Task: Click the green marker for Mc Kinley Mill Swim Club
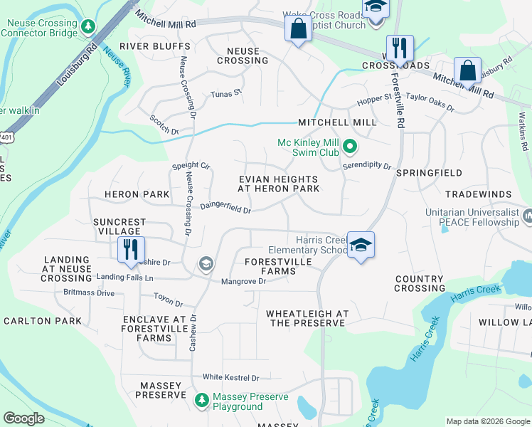(x=349, y=148)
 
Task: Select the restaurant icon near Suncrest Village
(x=132, y=250)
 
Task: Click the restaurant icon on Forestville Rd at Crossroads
(x=400, y=49)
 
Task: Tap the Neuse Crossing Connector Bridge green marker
(x=87, y=27)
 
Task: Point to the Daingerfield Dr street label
(x=225, y=208)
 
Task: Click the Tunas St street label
(x=226, y=93)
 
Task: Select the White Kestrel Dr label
(x=230, y=377)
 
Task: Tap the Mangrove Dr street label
(x=243, y=281)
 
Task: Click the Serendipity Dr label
(x=367, y=166)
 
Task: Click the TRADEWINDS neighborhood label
(x=478, y=194)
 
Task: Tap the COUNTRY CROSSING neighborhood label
(x=420, y=283)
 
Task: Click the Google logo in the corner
(x=23, y=418)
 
